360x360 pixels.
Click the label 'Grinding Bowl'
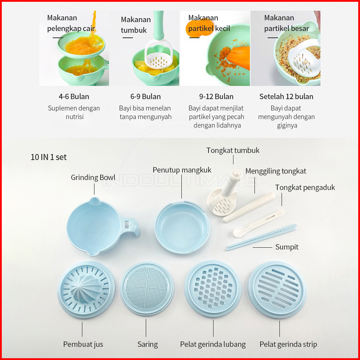point(93,178)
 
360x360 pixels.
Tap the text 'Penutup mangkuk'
point(182,170)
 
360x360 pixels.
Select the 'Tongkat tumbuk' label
point(233,150)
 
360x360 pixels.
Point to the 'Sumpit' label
point(287,247)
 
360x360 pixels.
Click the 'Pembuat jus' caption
point(83,344)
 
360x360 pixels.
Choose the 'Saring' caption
point(148,344)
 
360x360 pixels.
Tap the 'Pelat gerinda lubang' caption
point(213,344)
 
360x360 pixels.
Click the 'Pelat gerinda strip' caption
point(288,344)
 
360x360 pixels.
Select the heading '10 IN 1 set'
point(48,157)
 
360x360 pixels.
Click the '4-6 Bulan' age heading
point(74,97)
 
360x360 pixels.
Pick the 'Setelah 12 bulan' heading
point(286,97)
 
